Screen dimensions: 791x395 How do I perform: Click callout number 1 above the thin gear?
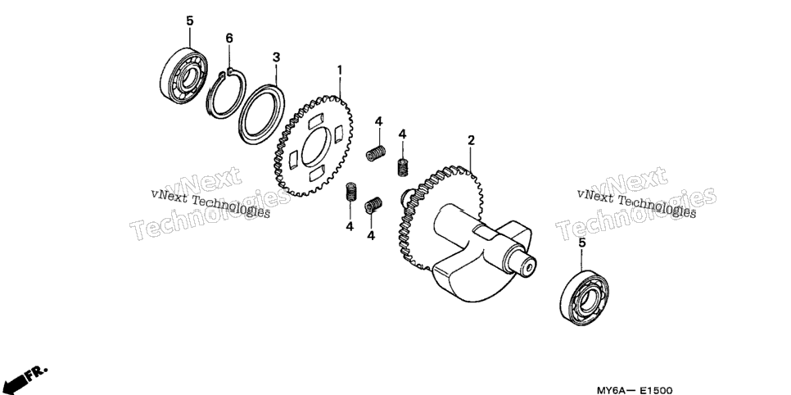[x=340, y=70]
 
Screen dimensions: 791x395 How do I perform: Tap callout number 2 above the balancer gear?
[x=471, y=140]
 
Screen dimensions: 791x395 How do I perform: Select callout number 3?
[x=276, y=57]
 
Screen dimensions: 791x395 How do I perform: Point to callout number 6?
[x=229, y=38]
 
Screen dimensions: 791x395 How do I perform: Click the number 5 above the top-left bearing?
[x=190, y=20]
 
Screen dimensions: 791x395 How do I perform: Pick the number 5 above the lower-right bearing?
[x=581, y=243]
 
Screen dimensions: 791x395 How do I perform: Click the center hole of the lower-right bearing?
[x=586, y=301]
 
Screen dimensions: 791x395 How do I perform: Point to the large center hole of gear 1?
[x=316, y=146]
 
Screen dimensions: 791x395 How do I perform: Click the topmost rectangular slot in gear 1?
[x=315, y=121]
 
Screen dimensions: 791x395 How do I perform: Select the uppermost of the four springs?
[x=377, y=153]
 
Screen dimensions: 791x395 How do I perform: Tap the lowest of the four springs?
[x=373, y=205]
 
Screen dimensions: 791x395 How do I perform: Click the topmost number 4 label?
[x=378, y=122]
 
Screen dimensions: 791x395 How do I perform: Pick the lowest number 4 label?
[x=371, y=235]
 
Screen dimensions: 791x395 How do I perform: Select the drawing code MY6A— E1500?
[x=635, y=390]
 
